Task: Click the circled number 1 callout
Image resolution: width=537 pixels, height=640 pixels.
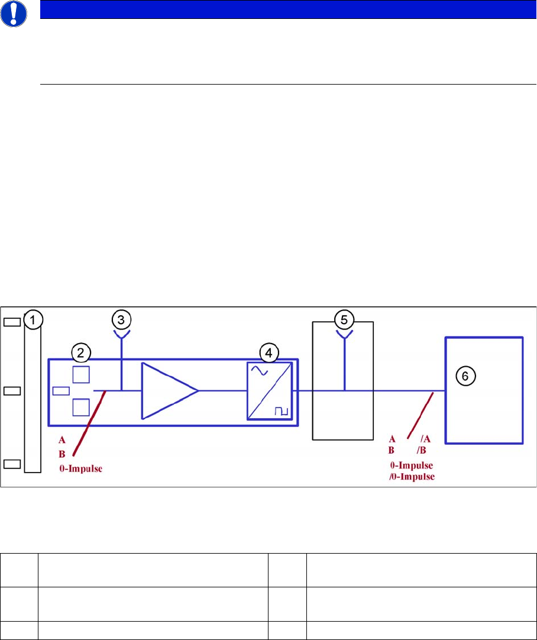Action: [33, 320]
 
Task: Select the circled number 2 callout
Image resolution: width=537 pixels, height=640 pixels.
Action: [80, 353]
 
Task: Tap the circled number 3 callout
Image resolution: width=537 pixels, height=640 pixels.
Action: [121, 320]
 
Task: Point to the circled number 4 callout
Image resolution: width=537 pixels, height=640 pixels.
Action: [268, 353]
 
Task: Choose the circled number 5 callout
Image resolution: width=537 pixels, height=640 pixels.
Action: [344, 320]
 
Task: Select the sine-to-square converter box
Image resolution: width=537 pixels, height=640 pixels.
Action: [270, 391]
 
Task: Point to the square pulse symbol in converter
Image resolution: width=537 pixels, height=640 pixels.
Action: [280, 409]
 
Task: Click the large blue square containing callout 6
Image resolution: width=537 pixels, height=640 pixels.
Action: [484, 390]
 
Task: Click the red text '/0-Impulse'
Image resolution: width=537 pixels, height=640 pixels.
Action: [409, 477]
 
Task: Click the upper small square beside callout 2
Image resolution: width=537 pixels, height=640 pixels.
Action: [80, 374]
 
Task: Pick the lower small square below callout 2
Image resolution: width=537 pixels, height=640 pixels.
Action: [80, 407]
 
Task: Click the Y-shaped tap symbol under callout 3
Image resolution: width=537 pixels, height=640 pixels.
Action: [121, 336]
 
